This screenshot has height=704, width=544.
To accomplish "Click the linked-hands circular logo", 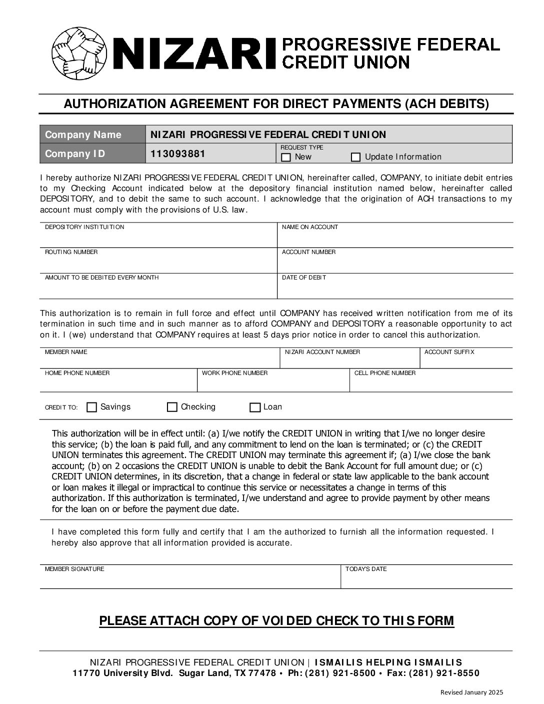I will (x=79, y=53).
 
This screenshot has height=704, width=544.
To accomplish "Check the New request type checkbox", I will (x=286, y=157).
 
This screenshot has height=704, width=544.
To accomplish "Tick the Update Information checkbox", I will (x=355, y=157).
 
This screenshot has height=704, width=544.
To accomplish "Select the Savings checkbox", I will (x=92, y=407).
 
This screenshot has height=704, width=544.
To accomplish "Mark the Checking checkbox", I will (x=172, y=407).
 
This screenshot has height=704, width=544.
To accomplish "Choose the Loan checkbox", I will (x=255, y=407).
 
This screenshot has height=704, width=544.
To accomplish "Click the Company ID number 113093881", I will (x=178, y=153).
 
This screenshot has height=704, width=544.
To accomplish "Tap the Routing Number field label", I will (x=71, y=252).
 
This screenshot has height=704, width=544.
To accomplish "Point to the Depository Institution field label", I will (x=84, y=227).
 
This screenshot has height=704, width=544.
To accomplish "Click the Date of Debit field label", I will (x=304, y=277).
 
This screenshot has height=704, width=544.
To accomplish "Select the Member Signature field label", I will (x=74, y=569).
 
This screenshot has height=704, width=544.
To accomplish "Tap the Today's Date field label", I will (x=366, y=569).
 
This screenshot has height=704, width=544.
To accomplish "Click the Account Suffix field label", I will (x=449, y=352).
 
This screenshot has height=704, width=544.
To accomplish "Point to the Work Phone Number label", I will (x=234, y=373).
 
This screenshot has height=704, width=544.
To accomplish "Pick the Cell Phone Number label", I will (x=385, y=373).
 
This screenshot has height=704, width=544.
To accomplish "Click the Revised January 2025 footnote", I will (x=471, y=692).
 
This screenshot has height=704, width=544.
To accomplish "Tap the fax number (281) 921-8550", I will (x=444, y=673).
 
